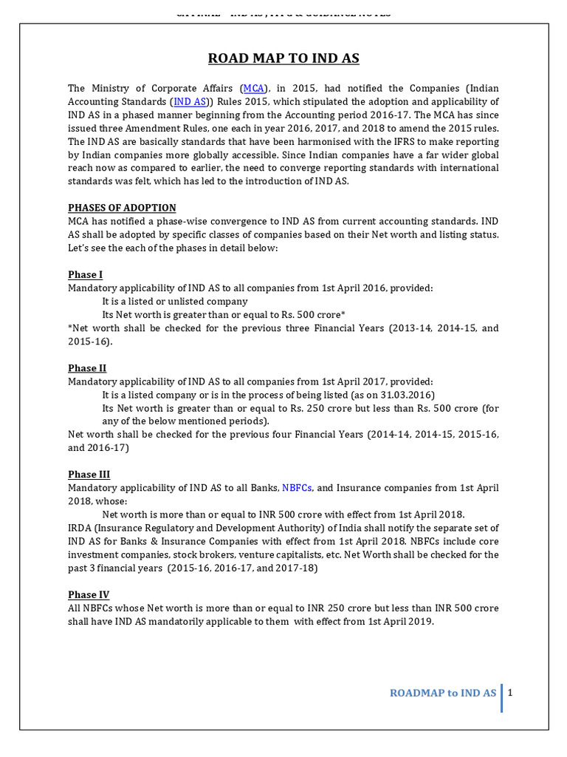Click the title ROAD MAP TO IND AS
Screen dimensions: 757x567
[x=283, y=59]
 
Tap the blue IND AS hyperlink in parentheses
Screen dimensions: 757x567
[x=190, y=101]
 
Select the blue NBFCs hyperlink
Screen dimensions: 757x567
[x=297, y=488]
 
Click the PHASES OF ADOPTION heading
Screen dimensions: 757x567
[x=122, y=208]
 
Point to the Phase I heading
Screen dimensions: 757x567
[x=85, y=275]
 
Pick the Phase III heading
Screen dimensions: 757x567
[x=89, y=475]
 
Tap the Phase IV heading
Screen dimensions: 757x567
[x=89, y=594]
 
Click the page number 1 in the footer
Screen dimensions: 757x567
[x=510, y=693]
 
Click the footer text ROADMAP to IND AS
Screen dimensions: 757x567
[x=443, y=693]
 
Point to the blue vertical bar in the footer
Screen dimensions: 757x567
[x=502, y=698]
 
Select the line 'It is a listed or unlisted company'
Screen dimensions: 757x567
[x=175, y=302]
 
